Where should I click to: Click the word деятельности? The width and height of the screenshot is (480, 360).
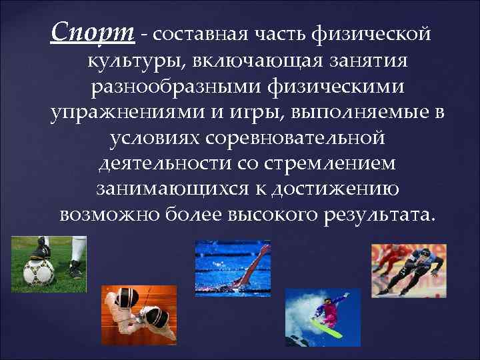[164, 163]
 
